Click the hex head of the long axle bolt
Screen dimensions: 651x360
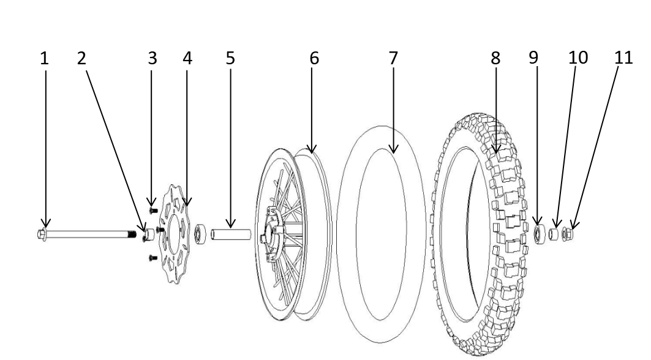pos(42,233)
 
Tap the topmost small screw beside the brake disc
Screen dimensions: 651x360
pos(153,210)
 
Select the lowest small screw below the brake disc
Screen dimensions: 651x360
pos(153,258)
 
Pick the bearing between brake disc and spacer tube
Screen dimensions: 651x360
pos(199,233)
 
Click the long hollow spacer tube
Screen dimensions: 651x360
pos(231,234)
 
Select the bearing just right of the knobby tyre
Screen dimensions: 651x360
pos(539,234)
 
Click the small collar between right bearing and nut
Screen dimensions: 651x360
pos(555,234)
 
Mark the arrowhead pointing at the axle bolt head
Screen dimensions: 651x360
pos(45,224)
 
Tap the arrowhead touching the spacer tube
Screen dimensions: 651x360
pos(230,224)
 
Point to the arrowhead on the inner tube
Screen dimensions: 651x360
pos(393,150)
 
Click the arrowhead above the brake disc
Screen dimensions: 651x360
pos(186,203)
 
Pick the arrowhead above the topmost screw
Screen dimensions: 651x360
pos(151,202)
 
